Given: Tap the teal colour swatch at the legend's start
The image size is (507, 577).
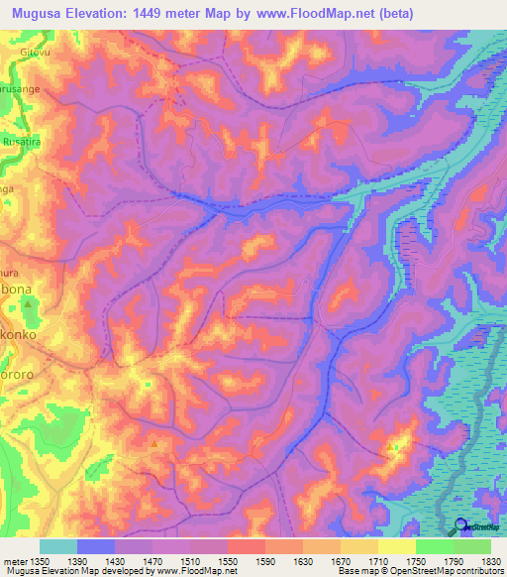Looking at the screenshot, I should [x=57, y=546].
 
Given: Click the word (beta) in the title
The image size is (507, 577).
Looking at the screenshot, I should [x=393, y=13].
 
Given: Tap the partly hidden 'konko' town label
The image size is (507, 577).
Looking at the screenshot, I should [x=18, y=336].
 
